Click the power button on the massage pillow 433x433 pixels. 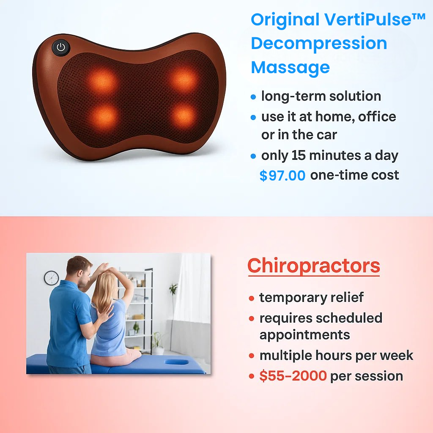61,47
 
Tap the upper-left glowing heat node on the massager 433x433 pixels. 102,81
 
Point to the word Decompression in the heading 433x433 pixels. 319,44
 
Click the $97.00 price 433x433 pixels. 282,175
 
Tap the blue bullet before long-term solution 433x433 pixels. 253,97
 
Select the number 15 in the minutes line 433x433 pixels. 299,156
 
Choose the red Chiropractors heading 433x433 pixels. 314,266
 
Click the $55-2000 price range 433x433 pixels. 293,376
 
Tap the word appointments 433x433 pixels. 304,335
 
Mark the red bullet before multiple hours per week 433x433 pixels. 251,356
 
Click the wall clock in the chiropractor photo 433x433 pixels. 51,278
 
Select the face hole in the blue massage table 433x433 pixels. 176,362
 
